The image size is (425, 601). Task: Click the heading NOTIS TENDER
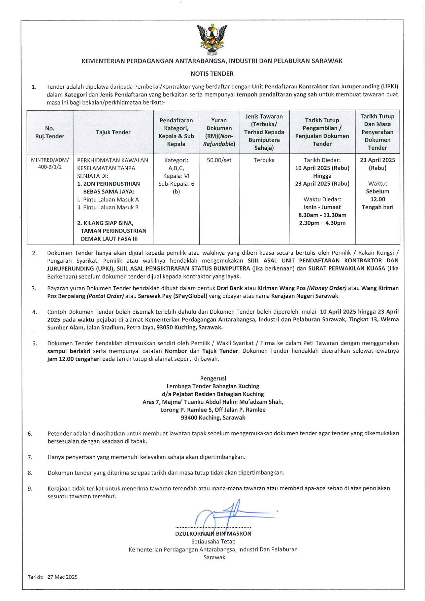pos(212,73)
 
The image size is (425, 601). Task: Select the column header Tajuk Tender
pos(113,132)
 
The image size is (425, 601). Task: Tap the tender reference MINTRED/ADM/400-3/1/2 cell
pos(50,164)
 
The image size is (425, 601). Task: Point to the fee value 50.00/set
pos(219,160)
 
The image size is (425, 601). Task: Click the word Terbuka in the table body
pos(264,160)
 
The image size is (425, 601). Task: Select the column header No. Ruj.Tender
pos(50,132)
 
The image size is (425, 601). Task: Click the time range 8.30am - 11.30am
pos(322,215)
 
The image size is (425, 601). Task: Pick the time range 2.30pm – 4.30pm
pos(322,223)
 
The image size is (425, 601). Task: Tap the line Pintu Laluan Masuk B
pos(108,207)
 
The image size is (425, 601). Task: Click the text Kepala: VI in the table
pos(176,176)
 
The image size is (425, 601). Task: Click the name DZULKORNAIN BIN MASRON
pos(213,534)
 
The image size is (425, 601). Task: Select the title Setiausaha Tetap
pos(213,541)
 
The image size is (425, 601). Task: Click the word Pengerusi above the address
pos(213,378)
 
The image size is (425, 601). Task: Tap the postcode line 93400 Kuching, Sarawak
pos(213,417)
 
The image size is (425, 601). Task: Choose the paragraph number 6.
pos(30,434)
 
